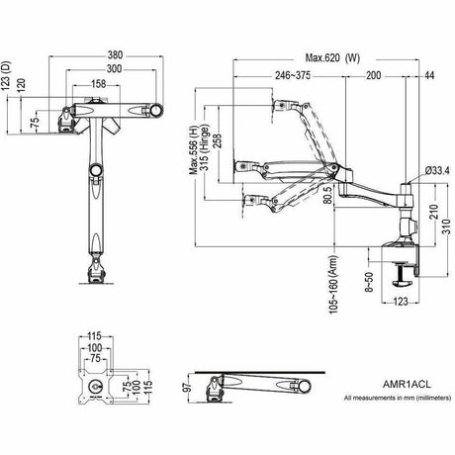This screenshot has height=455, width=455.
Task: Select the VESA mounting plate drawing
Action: coord(95,381)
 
